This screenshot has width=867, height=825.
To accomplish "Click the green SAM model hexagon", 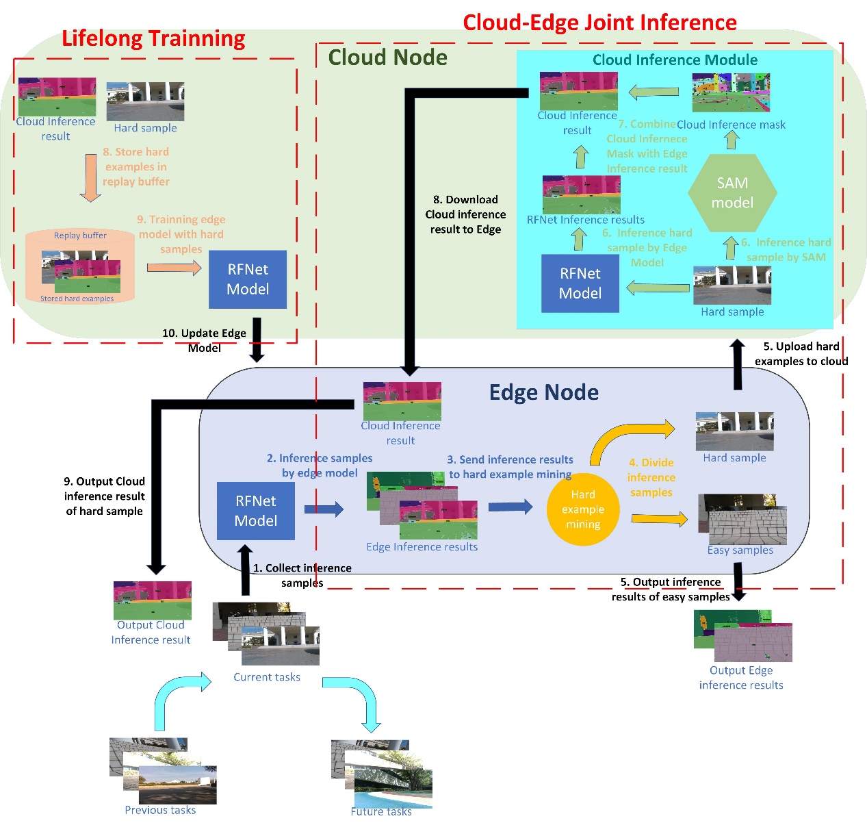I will (732, 193).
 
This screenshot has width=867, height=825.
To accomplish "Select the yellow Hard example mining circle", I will (583, 509).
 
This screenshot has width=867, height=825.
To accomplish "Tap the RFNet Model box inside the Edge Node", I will (256, 511).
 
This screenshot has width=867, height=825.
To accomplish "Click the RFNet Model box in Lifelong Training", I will (248, 279).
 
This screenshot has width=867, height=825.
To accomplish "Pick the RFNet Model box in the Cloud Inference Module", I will (580, 283).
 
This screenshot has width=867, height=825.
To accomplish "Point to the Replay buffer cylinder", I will (80, 266).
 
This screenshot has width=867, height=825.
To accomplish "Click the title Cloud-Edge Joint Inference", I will (599, 23).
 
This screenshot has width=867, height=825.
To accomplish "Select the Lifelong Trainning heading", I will (153, 38).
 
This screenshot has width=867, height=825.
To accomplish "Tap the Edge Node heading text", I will (543, 392).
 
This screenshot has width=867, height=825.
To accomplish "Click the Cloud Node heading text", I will (387, 58).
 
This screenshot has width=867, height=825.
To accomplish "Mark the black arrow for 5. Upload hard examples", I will (738, 364).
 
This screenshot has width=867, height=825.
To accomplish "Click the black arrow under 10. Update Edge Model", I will (257, 340).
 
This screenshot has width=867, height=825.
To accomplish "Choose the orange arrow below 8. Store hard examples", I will (90, 177).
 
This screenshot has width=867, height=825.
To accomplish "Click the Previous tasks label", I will (160, 810).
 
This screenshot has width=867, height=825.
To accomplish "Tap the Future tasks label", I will (381, 811).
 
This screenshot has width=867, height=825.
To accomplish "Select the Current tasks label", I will (267, 677).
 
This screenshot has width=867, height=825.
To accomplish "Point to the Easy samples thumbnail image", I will (742, 518).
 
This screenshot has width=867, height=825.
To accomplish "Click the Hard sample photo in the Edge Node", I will (734, 431).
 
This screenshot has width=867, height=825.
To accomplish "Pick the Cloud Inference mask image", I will (731, 92).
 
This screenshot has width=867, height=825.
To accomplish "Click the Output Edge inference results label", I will (741, 678).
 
